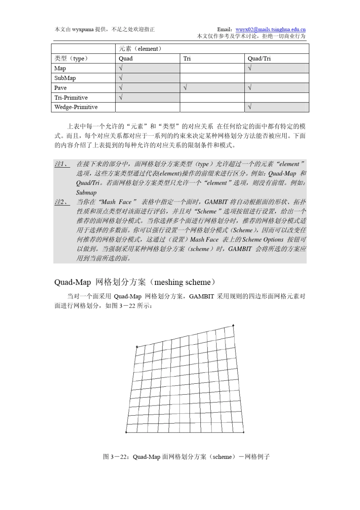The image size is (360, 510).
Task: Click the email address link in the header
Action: click(270, 29)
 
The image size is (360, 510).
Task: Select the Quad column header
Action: click(125, 58)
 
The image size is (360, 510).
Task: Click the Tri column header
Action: click(187, 58)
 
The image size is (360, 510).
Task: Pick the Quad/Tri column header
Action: click(259, 58)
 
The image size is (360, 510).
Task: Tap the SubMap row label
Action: click(65, 78)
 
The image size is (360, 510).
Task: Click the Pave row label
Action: click(60, 88)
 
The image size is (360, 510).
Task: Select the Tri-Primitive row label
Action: click(71, 97)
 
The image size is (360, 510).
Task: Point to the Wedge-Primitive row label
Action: click(76, 107)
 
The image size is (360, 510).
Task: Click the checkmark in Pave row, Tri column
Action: click(185, 88)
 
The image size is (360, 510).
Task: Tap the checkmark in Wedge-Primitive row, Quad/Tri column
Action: click(249, 107)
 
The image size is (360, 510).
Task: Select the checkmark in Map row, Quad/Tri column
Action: click(249, 68)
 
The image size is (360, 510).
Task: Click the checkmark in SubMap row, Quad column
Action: click(121, 78)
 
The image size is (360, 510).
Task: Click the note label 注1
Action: click(61, 164)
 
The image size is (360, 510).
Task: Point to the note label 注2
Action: click(61, 202)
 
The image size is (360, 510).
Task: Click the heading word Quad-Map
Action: click(72, 282)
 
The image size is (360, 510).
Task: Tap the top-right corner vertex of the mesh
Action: click(233, 325)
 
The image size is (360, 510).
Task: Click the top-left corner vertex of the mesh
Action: click(137, 347)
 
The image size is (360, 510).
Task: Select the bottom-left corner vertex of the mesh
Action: click(126, 432)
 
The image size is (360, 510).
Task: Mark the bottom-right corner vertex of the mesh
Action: click(243, 432)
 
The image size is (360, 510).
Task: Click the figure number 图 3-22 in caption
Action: click(116, 457)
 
